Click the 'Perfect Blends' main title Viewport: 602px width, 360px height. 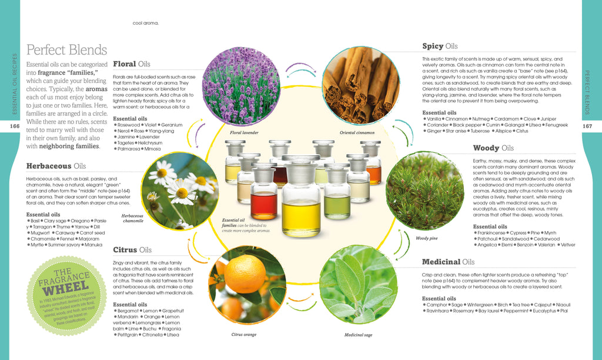coord(67,50)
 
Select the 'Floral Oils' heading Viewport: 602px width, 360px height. coord(132,64)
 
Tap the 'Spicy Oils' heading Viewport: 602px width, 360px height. coord(440,46)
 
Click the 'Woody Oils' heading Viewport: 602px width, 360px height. coord(493,148)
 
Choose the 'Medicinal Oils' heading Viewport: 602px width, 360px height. coord(448,262)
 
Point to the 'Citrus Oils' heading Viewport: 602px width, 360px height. coord(132,249)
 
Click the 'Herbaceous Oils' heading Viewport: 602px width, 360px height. coord(56,166)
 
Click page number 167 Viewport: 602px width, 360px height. coord(587,126)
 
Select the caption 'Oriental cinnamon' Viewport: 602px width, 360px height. coord(357,133)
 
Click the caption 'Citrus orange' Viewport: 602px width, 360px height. coord(243,334)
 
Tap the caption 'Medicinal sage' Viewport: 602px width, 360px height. coord(358,334)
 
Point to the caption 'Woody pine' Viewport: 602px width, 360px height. coord(426,238)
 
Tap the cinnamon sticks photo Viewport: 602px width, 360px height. coord(360,85)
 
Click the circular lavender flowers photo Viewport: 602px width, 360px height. coord(241,85)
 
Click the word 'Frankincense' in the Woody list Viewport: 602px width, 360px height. coord(492,233)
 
